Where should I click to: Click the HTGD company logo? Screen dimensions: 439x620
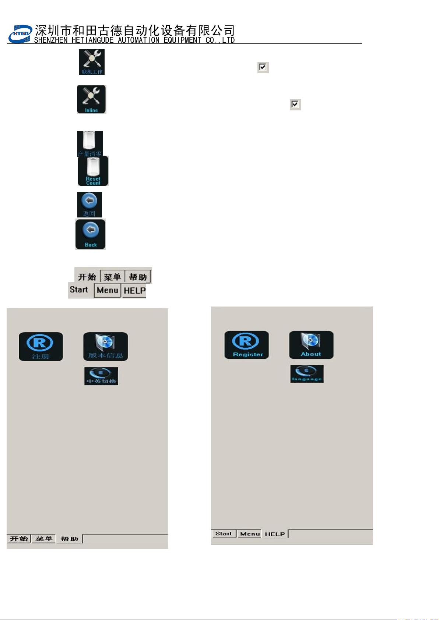(x=20, y=34)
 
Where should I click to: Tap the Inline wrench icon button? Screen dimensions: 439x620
(x=91, y=99)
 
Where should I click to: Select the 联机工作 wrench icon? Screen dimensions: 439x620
(x=92, y=62)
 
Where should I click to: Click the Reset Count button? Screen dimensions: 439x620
(x=93, y=171)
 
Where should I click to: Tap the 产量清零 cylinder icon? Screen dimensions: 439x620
(x=90, y=144)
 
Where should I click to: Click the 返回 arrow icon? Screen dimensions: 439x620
(x=89, y=205)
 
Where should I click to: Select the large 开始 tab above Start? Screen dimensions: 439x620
(x=87, y=277)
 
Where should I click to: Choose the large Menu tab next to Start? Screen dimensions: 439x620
(x=108, y=290)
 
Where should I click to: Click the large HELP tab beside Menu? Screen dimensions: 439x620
(x=134, y=291)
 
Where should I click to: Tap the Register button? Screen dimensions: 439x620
(x=247, y=345)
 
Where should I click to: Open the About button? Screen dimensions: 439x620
(x=311, y=345)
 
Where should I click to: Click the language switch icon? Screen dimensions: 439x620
(x=307, y=374)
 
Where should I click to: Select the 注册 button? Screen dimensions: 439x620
(x=41, y=347)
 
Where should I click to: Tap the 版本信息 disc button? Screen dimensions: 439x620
(x=106, y=347)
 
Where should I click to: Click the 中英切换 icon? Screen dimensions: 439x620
(x=101, y=376)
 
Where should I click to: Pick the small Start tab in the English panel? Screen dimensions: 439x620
(x=224, y=534)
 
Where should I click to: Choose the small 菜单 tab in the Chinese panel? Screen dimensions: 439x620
(x=43, y=539)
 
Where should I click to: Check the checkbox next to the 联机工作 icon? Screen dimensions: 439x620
(x=263, y=67)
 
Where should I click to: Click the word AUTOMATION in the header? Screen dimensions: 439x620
(x=138, y=40)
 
